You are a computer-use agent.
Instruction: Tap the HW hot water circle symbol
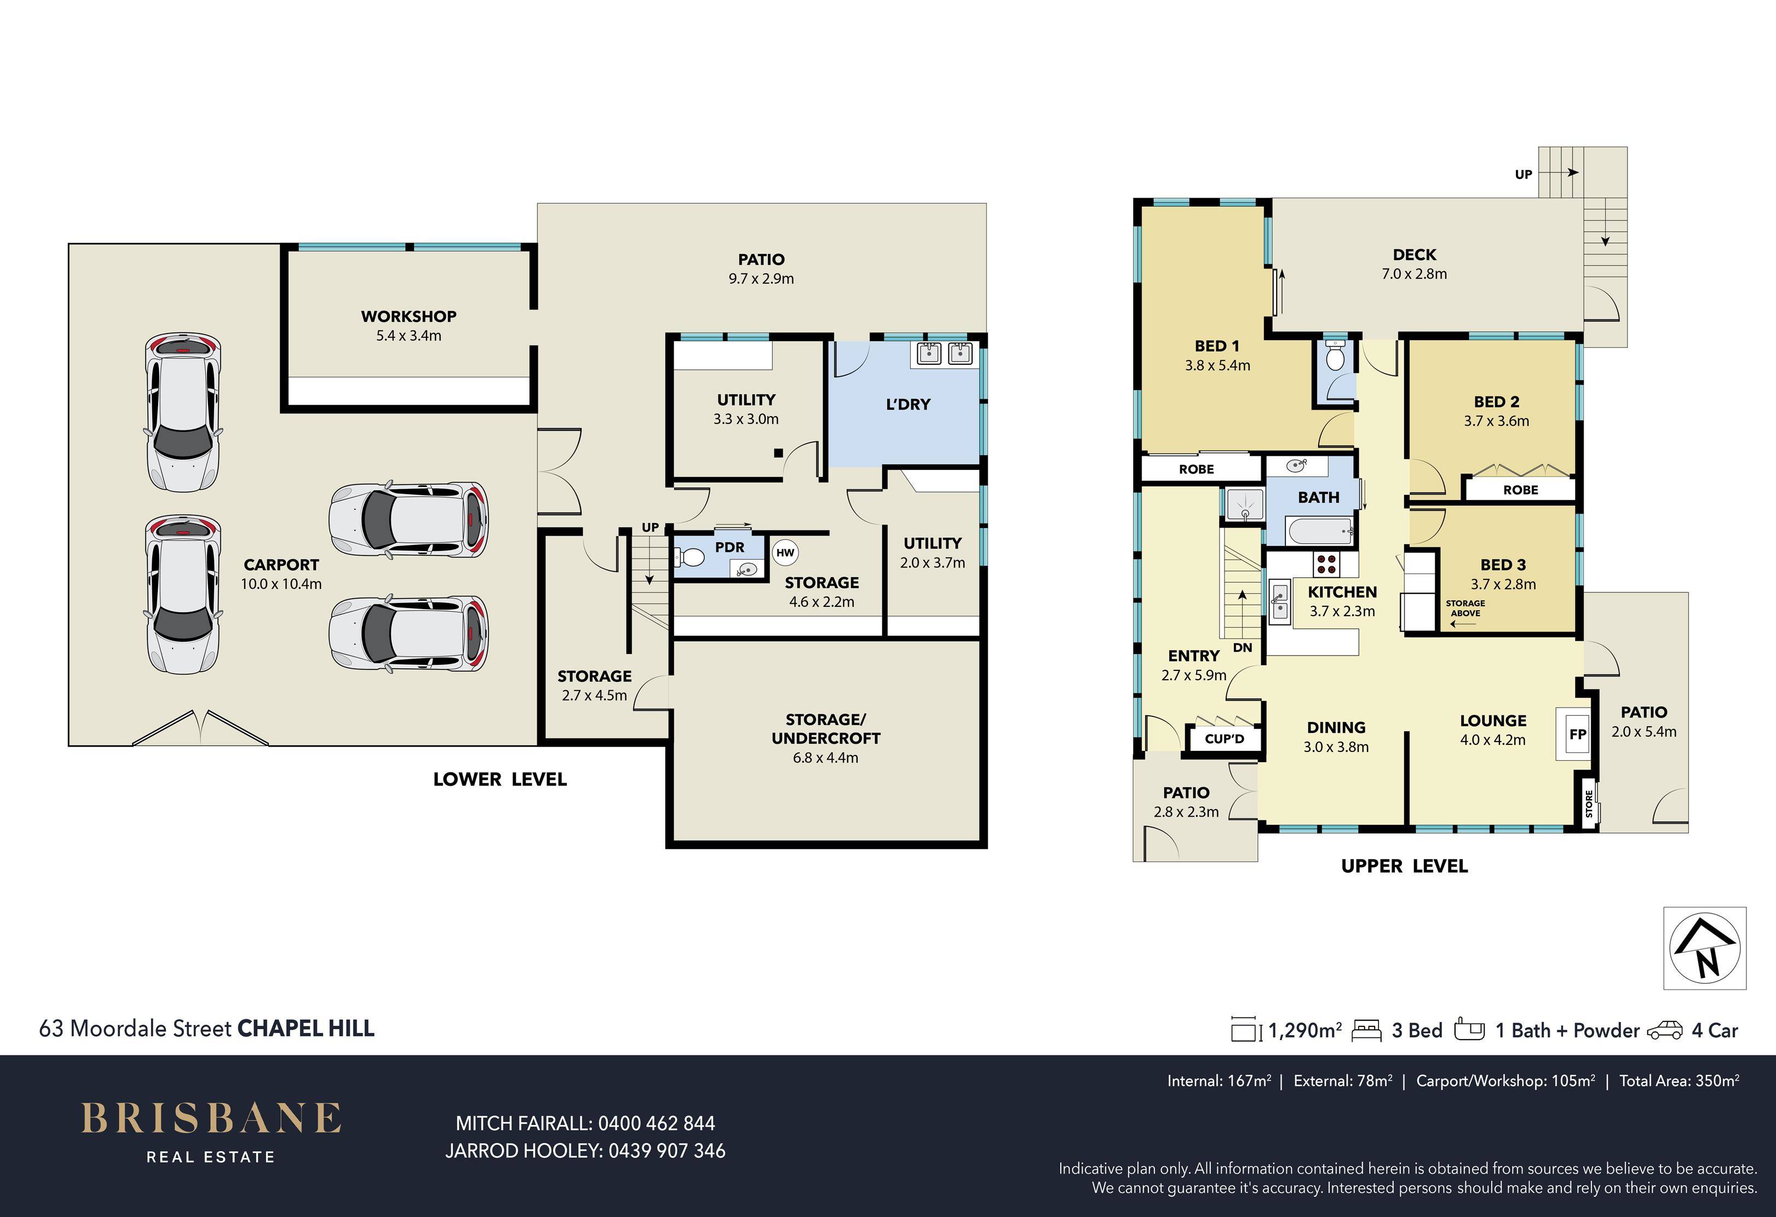(x=786, y=553)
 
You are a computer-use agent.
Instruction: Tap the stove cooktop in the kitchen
(x=1326, y=564)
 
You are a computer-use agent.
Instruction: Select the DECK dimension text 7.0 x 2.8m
(x=1415, y=274)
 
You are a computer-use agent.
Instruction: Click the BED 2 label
(x=1496, y=402)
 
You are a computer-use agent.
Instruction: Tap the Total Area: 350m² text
(x=1680, y=1081)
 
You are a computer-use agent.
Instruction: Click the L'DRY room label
(x=908, y=404)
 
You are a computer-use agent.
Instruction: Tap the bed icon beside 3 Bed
(x=1366, y=1030)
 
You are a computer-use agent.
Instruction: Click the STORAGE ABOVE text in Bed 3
(x=1465, y=608)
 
